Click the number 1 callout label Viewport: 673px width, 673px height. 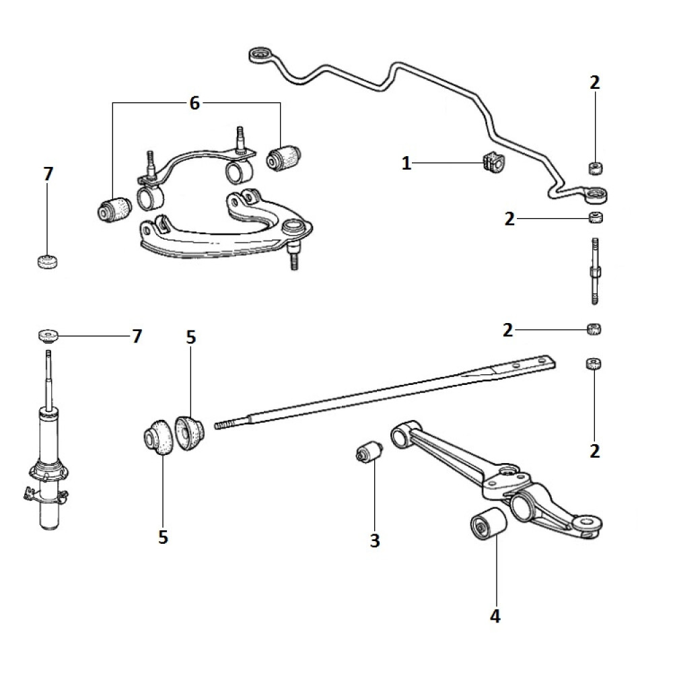(406, 163)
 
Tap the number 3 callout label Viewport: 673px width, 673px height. (375, 540)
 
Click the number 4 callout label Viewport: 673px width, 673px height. (495, 616)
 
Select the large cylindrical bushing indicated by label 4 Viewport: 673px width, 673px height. (486, 525)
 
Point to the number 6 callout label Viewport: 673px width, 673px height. (194, 103)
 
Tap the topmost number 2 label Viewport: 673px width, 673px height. (594, 83)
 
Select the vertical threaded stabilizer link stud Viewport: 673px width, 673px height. (594, 273)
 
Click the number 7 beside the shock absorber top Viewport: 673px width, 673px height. (137, 336)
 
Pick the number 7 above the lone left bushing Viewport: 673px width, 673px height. (47, 174)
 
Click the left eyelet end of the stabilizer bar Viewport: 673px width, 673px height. (259, 54)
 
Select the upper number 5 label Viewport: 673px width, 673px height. (191, 337)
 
